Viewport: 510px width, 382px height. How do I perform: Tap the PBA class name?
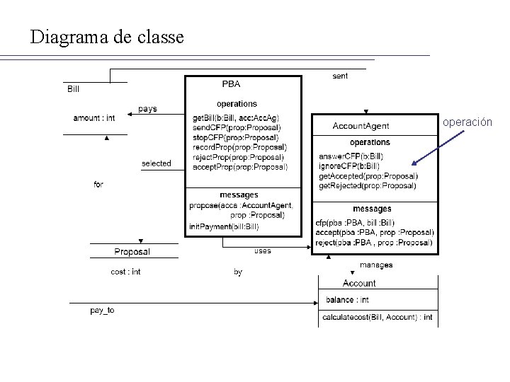(x=231, y=83)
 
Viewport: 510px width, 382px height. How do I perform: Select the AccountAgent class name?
(x=361, y=126)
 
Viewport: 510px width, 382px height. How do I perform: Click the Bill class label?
(x=74, y=89)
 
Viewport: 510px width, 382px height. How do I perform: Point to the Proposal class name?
(x=132, y=252)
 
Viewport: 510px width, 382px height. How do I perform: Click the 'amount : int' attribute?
(x=93, y=118)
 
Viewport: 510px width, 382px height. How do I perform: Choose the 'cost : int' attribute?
(x=126, y=272)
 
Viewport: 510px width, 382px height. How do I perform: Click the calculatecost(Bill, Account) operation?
(x=377, y=318)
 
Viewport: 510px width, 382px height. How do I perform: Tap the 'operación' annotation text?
(x=467, y=122)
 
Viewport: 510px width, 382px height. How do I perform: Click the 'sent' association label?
(x=340, y=76)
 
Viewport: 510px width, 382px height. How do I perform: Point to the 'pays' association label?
(x=147, y=109)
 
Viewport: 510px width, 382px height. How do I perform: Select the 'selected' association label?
(x=156, y=163)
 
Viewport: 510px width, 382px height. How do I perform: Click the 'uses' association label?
(x=262, y=250)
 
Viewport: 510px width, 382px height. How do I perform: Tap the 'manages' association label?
(x=375, y=265)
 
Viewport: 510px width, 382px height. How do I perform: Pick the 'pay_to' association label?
(x=102, y=311)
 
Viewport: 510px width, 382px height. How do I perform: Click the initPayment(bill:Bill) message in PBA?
(x=224, y=226)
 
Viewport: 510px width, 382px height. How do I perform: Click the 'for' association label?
(x=98, y=185)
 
